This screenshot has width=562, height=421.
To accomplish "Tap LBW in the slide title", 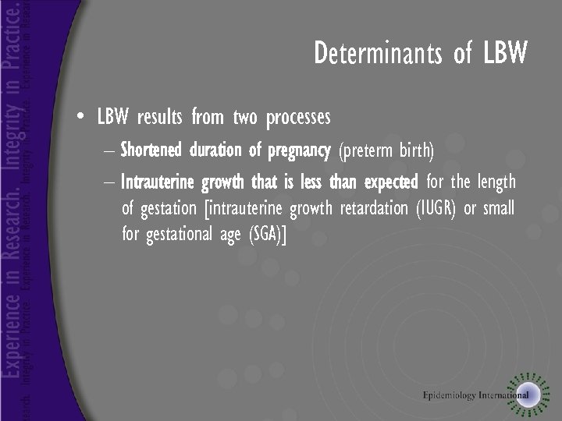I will [x=505, y=54].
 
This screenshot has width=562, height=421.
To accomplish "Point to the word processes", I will [x=297, y=119].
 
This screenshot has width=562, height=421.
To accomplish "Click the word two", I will [x=244, y=118].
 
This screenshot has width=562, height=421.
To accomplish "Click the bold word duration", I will [x=215, y=149].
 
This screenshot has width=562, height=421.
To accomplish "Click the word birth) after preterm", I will [x=417, y=150].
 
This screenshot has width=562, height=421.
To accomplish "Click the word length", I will [x=496, y=182].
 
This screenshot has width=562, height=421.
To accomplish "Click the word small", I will [x=498, y=209].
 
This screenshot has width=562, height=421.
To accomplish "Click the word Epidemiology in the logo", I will [x=450, y=394].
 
